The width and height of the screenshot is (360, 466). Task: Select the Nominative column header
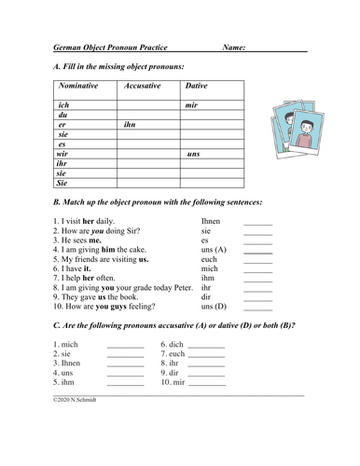coord(85,86)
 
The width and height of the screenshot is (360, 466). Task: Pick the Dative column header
coord(197,86)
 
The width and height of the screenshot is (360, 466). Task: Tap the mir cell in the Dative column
coord(192,105)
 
